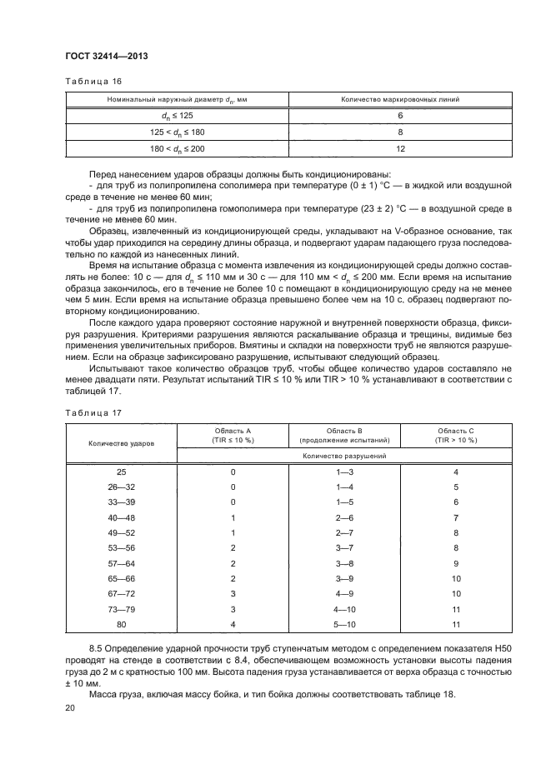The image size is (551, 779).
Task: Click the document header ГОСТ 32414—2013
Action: [101, 57]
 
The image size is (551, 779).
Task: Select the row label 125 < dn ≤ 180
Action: [177, 132]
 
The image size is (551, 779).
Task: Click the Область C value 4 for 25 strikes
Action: [456, 472]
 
